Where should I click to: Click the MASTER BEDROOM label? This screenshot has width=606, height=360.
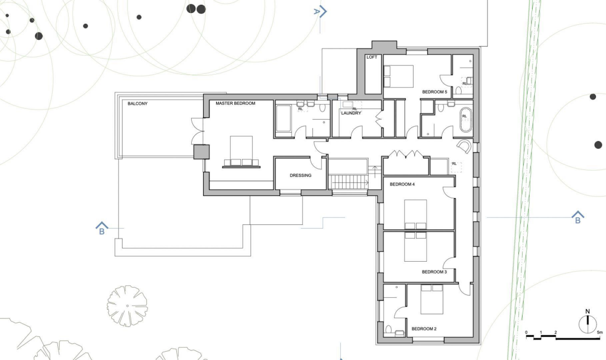235,104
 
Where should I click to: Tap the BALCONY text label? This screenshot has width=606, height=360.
137,104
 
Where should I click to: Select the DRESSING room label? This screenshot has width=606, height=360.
300,176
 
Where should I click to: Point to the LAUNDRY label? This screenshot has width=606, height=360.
350,114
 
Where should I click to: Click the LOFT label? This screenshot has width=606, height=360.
372,57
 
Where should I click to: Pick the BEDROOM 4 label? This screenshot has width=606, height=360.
402,185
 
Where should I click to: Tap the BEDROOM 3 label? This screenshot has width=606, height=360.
434,272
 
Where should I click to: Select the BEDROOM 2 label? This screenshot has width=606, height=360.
424,329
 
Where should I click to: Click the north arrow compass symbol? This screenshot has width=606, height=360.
587,323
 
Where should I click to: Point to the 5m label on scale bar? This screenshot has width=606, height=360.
599,333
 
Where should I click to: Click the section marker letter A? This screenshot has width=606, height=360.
317,11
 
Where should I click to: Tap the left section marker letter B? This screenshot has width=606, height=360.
102,231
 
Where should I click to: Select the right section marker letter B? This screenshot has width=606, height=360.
577,220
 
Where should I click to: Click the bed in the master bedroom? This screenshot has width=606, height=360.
241,150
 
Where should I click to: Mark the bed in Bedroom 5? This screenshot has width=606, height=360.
398,76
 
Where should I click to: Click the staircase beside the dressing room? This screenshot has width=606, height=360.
349,182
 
